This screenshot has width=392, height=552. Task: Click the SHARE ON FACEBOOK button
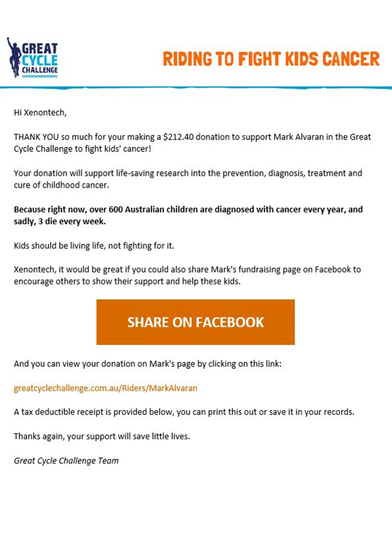click(x=195, y=322)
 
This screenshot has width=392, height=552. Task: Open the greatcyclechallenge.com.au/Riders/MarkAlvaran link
click(x=105, y=388)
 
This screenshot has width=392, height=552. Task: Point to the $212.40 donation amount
click(x=178, y=137)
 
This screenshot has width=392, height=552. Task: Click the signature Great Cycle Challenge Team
click(x=66, y=460)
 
